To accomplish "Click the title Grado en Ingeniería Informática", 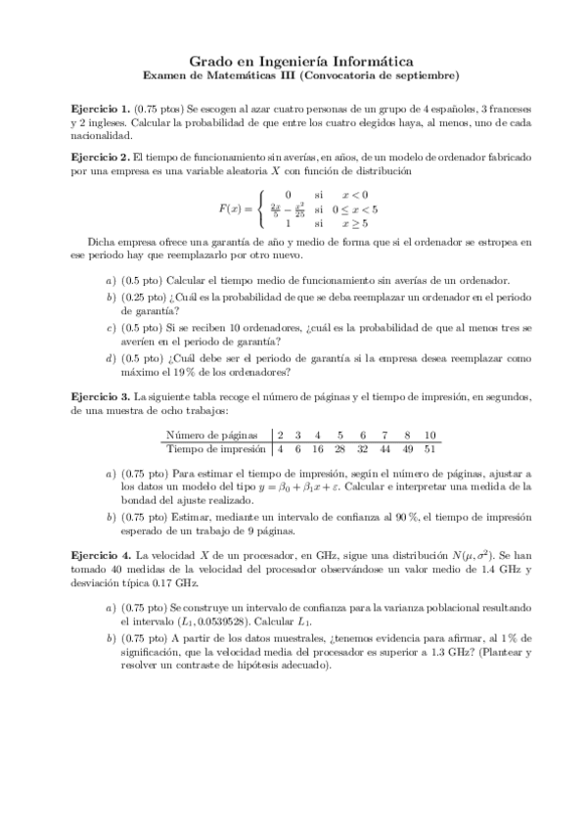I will [x=293, y=61].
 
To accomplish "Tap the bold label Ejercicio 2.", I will [x=101, y=157].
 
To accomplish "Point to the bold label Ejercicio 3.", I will [x=101, y=396].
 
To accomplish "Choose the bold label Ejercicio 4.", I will [x=101, y=554].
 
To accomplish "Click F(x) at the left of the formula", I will [x=231, y=207].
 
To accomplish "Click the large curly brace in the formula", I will [x=259, y=207].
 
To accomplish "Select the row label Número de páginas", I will [x=212, y=436].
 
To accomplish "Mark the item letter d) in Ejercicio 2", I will [x=110, y=357].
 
